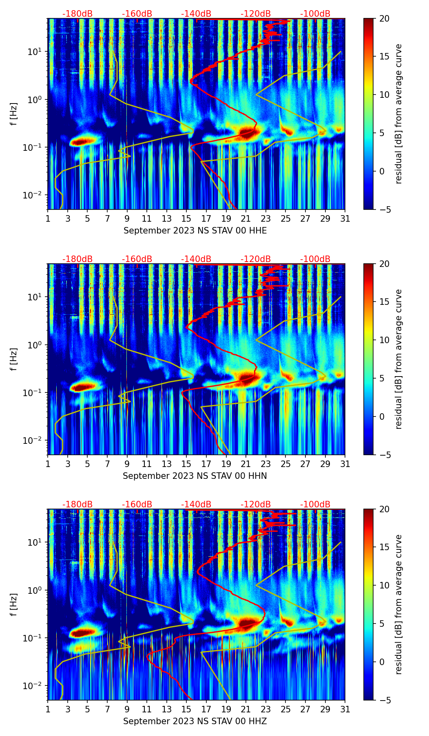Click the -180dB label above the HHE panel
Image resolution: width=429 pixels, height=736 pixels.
click(x=77, y=14)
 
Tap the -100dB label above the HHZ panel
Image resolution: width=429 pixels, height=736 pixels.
click(x=315, y=505)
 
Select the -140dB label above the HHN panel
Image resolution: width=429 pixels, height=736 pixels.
click(x=196, y=259)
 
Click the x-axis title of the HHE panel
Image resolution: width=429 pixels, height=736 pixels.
click(x=195, y=231)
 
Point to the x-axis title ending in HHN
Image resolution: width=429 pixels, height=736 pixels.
click(x=195, y=476)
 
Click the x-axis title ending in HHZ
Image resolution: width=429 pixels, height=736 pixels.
click(x=195, y=721)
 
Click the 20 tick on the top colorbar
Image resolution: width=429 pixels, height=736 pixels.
click(x=384, y=18)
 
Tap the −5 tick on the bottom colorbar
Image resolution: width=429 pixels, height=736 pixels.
click(x=384, y=700)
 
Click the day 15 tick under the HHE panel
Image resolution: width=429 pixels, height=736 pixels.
click(x=186, y=218)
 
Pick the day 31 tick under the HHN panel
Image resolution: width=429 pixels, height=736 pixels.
click(x=345, y=464)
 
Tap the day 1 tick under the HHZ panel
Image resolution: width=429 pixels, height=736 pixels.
click(x=48, y=709)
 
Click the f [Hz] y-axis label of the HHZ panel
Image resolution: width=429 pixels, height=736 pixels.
click(x=14, y=605)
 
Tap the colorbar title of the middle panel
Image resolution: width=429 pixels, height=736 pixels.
click(x=399, y=359)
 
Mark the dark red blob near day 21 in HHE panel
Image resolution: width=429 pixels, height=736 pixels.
click(x=247, y=132)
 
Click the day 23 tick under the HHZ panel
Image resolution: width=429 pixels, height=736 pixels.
click(x=266, y=709)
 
